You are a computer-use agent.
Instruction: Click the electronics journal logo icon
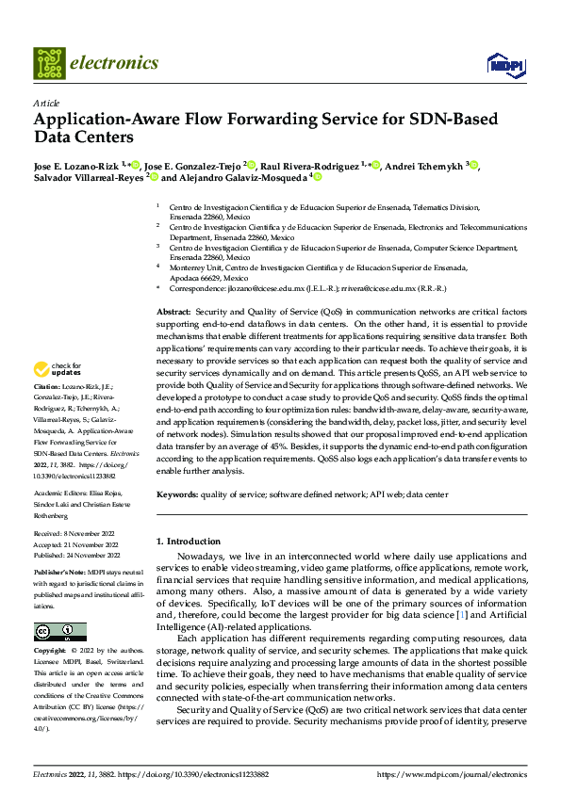(x=50, y=63)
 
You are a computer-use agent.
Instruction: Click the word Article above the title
(x=45, y=103)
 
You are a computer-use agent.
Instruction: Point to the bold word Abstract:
(x=173, y=310)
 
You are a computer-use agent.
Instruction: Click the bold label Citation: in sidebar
(x=49, y=387)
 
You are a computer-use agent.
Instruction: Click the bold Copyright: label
(x=52, y=650)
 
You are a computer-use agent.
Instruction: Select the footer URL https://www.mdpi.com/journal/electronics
(x=451, y=773)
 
